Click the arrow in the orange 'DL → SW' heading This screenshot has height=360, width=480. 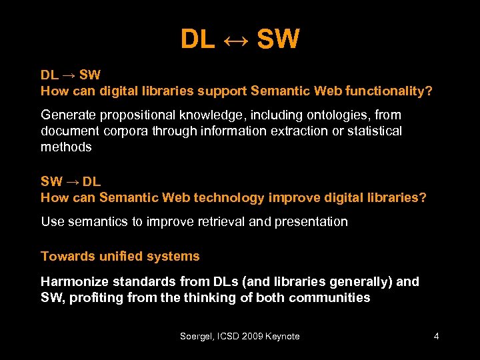pyautogui.click(x=69, y=75)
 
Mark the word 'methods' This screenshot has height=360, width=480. pyautogui.click(x=66, y=147)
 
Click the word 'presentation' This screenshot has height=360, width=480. pyautogui.click(x=309, y=221)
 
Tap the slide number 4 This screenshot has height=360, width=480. pyautogui.click(x=436, y=336)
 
